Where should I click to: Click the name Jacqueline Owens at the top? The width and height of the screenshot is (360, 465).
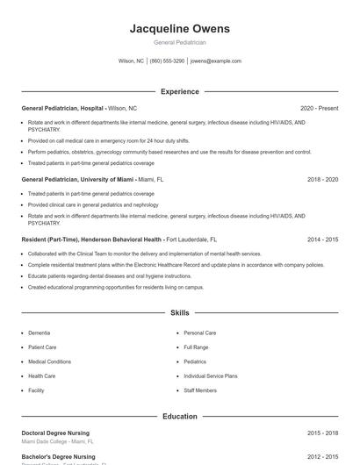click(x=179, y=28)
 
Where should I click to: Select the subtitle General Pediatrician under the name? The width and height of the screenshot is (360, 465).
click(x=179, y=42)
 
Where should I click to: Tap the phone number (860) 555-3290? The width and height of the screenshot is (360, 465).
click(x=167, y=61)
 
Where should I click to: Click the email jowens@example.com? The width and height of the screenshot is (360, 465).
click(x=215, y=61)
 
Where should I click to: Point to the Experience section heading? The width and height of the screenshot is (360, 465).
click(x=179, y=91)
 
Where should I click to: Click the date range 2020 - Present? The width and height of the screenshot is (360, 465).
click(x=319, y=108)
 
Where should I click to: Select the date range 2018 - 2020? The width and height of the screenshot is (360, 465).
click(x=322, y=179)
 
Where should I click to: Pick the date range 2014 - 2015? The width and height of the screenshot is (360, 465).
click(x=322, y=239)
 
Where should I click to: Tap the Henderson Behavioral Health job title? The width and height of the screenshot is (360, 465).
click(x=91, y=239)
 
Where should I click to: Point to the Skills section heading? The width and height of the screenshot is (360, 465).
click(x=179, y=312)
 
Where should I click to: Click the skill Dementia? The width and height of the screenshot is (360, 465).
click(x=39, y=333)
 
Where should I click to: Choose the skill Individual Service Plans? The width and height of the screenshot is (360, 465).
click(x=211, y=376)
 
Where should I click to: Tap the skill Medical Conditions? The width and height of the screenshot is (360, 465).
click(x=49, y=361)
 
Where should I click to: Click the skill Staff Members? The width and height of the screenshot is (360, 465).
click(x=200, y=390)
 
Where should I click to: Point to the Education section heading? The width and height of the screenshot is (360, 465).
click(x=179, y=416)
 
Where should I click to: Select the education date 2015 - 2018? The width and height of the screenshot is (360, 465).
click(x=322, y=433)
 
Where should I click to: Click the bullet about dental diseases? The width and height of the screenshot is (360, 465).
click(x=97, y=275)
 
